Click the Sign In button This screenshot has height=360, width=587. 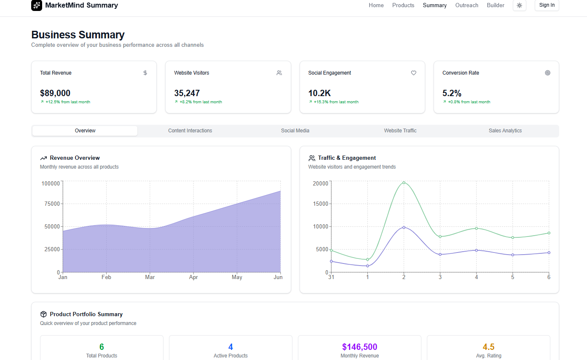pyautogui.click(x=547, y=5)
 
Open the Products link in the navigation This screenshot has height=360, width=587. pyautogui.click(x=403, y=5)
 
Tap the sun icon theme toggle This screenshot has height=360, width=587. pyautogui.click(x=519, y=5)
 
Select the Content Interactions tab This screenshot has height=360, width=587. pyautogui.click(x=190, y=131)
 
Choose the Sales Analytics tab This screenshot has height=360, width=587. pyautogui.click(x=505, y=131)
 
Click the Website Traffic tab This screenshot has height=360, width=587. pyautogui.click(x=400, y=131)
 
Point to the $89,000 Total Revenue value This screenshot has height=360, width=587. pyautogui.click(x=55, y=93)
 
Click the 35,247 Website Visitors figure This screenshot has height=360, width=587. pyautogui.click(x=187, y=93)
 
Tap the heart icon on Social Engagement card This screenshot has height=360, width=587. pyautogui.click(x=413, y=73)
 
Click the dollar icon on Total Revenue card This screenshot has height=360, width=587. pyautogui.click(x=145, y=73)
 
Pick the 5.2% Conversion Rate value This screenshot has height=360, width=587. pyautogui.click(x=452, y=93)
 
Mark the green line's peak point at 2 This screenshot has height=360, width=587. pyautogui.click(x=404, y=183)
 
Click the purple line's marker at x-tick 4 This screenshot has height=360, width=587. pyautogui.click(x=477, y=250)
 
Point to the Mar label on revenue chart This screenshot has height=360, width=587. pyautogui.click(x=150, y=277)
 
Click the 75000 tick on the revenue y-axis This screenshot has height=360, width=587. pyautogui.click(x=51, y=204)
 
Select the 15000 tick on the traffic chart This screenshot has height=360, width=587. pyautogui.click(x=320, y=204)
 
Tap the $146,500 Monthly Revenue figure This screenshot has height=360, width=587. pyautogui.click(x=359, y=347)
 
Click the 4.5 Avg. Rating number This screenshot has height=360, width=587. pyautogui.click(x=488, y=347)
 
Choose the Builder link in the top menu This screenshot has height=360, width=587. pyautogui.click(x=495, y=5)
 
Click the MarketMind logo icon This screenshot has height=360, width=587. pyautogui.click(x=37, y=5)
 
